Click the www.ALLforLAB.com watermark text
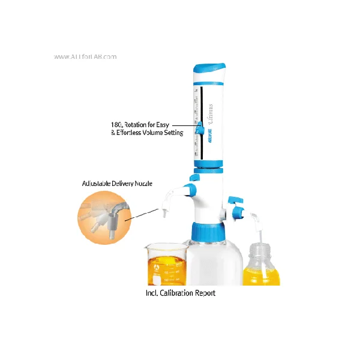85,57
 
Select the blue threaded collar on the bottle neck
208,231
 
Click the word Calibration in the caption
179,293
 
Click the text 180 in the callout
116,124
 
